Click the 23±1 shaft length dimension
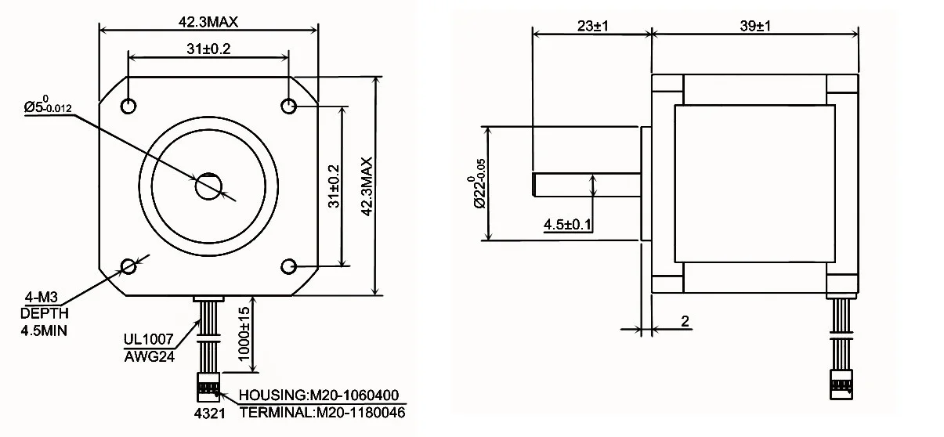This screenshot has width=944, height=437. tap(592, 26)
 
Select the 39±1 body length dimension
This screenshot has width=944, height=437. tap(755, 26)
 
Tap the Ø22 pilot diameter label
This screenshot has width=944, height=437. tap(479, 183)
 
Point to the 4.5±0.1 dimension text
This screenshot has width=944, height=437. tap(567, 224)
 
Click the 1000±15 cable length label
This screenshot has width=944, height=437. tap(244, 334)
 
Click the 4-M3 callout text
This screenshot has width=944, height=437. tap(41, 298)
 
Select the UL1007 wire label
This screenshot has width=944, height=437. tap(148, 339)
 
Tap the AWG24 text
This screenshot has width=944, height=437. tap(150, 357)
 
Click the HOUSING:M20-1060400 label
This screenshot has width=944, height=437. tap(319, 395)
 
